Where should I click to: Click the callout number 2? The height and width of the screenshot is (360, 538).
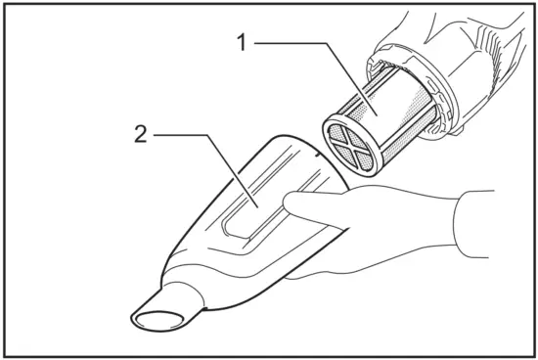tap(142, 134)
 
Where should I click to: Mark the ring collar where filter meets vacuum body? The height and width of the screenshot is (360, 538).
tap(430, 93)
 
